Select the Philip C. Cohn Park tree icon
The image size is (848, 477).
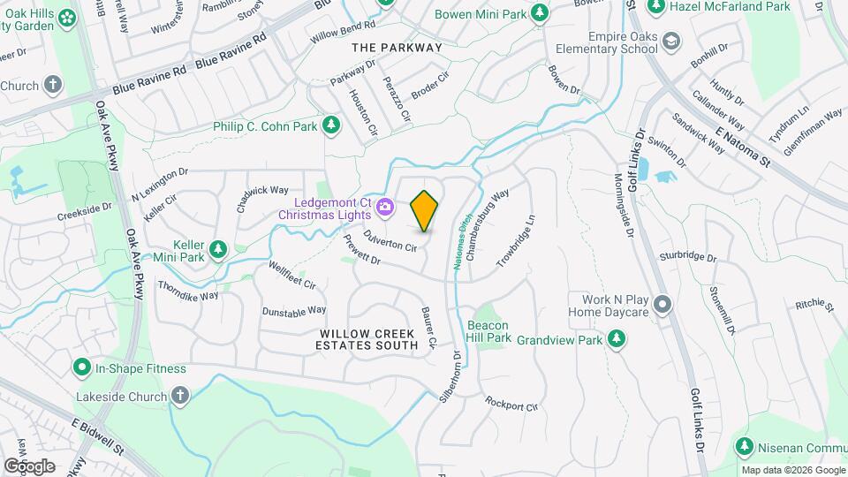coord(331,125)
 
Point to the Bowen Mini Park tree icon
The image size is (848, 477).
coord(538,14)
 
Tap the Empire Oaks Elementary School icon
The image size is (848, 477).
coord(671,42)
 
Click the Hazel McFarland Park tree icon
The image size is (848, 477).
coord(655,7)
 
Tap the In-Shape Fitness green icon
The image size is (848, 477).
coord(82,367)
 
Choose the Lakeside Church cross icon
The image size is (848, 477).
coord(180,396)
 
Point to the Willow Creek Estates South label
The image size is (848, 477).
coord(368,339)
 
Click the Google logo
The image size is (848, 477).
coord(29,466)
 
